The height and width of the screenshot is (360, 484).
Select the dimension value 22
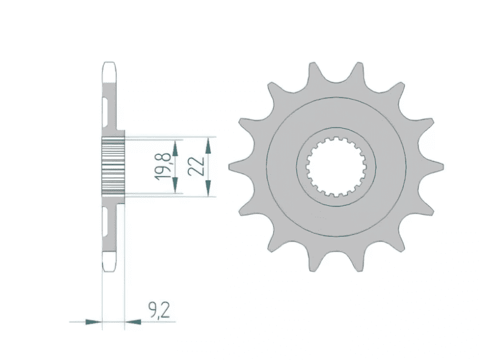(196, 165)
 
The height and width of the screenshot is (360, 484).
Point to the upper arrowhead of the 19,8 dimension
(176, 146)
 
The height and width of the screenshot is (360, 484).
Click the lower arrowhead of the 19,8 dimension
(176, 188)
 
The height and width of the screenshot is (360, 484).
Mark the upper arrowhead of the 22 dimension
(208, 143)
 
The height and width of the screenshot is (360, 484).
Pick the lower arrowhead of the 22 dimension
(208, 190)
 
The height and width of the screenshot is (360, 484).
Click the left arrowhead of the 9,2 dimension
(92, 321)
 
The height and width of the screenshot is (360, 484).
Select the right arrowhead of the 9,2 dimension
(132, 321)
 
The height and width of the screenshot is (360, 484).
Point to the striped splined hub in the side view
(112, 166)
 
